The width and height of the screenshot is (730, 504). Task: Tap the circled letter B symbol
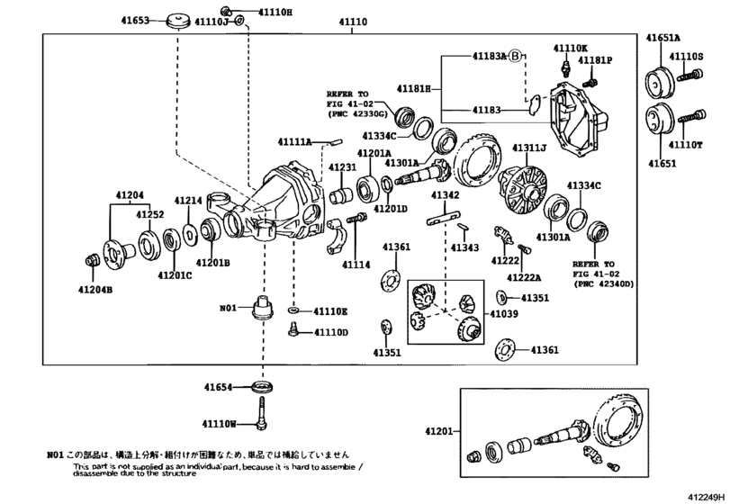(515, 57)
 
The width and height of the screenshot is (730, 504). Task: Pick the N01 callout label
(230, 308)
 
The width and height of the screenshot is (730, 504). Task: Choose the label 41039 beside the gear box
(503, 313)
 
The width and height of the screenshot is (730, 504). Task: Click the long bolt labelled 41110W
(263, 415)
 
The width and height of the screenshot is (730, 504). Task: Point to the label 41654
(219, 387)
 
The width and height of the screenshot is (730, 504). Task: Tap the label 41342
(446, 195)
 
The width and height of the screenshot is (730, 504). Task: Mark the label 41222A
(523, 277)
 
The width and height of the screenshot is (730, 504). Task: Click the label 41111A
(294, 142)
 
